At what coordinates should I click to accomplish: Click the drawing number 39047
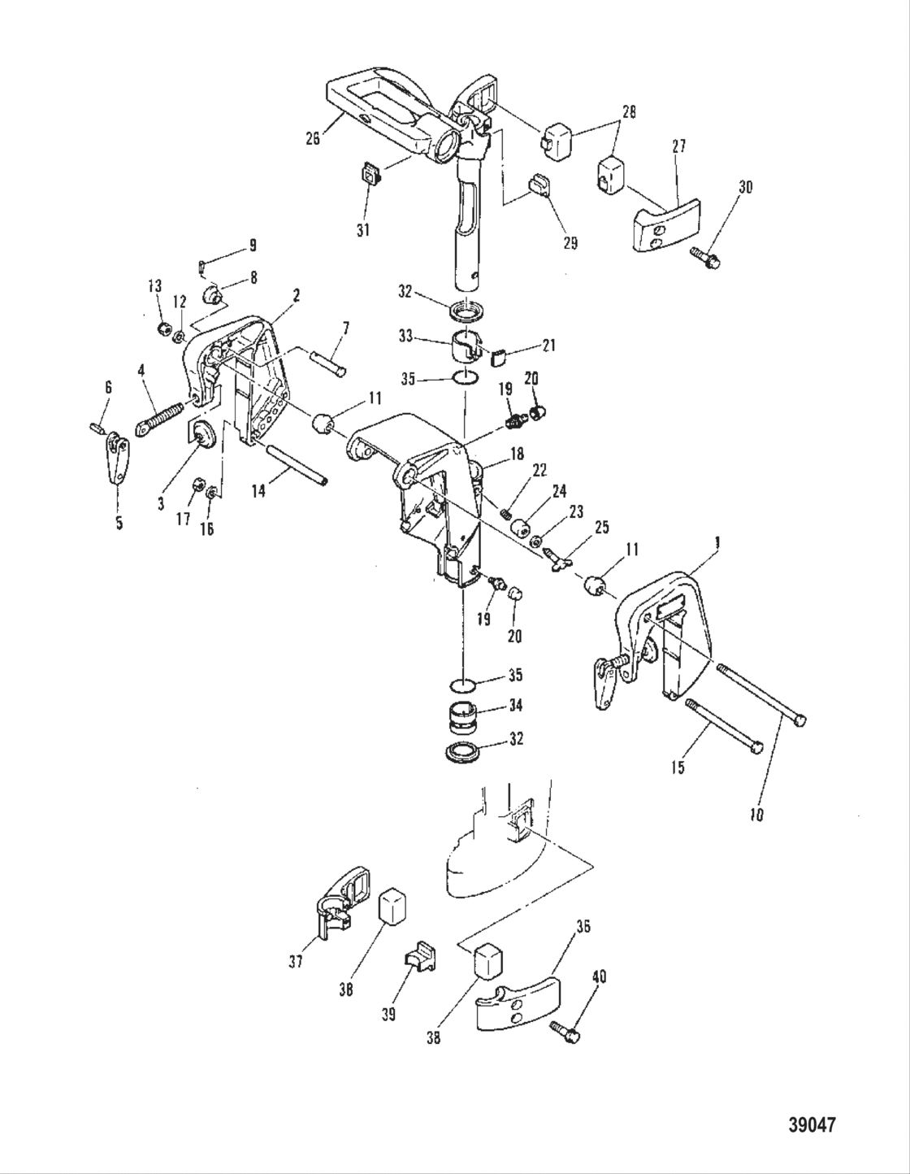[812, 1125]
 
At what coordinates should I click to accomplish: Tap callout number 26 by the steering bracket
[313, 138]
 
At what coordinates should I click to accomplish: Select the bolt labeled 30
[705, 259]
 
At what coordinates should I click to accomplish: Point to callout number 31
[362, 231]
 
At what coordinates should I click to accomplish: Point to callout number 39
[389, 1015]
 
